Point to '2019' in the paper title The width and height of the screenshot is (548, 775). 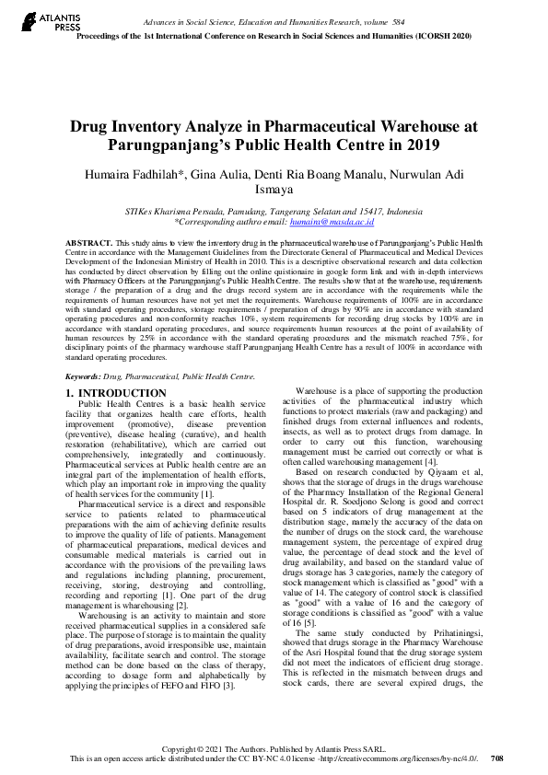click(422, 146)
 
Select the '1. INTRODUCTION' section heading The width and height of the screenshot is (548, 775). click(116, 394)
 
